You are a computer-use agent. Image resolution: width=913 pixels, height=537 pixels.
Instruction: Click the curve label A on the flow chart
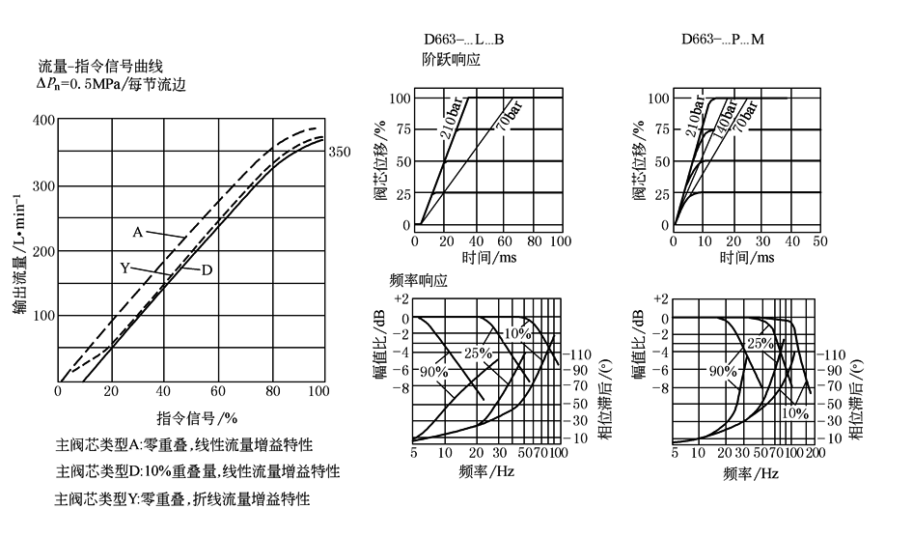click(137, 232)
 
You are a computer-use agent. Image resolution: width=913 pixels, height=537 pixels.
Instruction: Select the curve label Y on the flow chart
click(125, 268)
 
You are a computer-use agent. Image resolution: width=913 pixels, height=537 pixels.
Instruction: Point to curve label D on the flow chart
click(207, 269)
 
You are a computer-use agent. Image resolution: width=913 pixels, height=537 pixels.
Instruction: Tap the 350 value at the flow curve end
click(339, 152)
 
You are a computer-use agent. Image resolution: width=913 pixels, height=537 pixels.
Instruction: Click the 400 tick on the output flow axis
click(42, 120)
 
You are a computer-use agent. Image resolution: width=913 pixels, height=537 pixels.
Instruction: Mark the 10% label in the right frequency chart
click(793, 412)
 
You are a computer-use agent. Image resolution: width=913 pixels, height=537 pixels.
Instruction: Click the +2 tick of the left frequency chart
click(402, 300)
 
